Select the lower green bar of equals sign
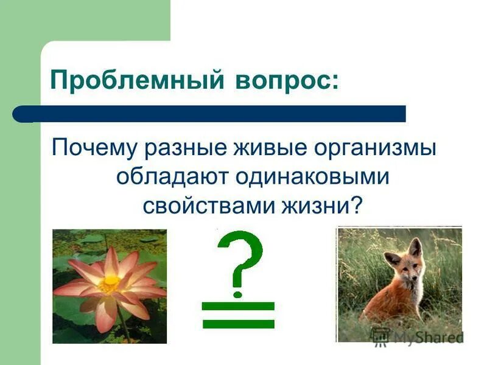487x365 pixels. [239, 324]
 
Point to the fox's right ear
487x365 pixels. [416, 246]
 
